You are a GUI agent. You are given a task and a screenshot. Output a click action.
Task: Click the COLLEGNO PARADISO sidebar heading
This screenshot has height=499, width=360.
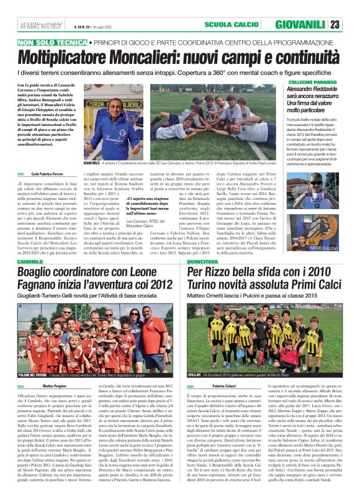pos(297,82)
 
